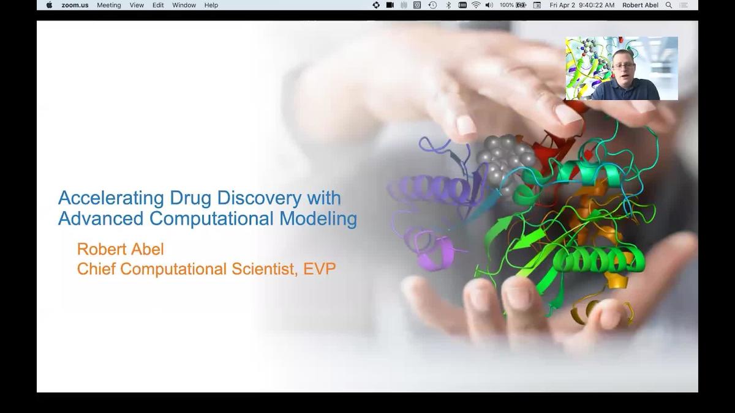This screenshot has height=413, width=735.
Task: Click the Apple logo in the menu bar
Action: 49,5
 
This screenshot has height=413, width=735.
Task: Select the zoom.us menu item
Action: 75,5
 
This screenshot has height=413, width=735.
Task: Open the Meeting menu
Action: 109,5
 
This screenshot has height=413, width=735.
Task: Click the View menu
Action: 137,5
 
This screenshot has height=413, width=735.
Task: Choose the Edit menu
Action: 158,5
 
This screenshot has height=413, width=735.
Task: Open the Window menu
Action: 184,5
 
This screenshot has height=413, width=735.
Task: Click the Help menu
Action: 211,5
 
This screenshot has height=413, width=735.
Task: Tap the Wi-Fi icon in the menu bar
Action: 476,5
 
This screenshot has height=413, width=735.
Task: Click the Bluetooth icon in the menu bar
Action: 448,5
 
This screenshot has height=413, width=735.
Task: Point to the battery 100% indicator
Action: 513,5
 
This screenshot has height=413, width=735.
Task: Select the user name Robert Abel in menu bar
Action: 640,5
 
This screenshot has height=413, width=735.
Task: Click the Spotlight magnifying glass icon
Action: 669,5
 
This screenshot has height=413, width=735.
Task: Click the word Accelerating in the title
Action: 110,198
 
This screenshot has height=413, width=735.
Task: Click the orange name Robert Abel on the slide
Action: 120,249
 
